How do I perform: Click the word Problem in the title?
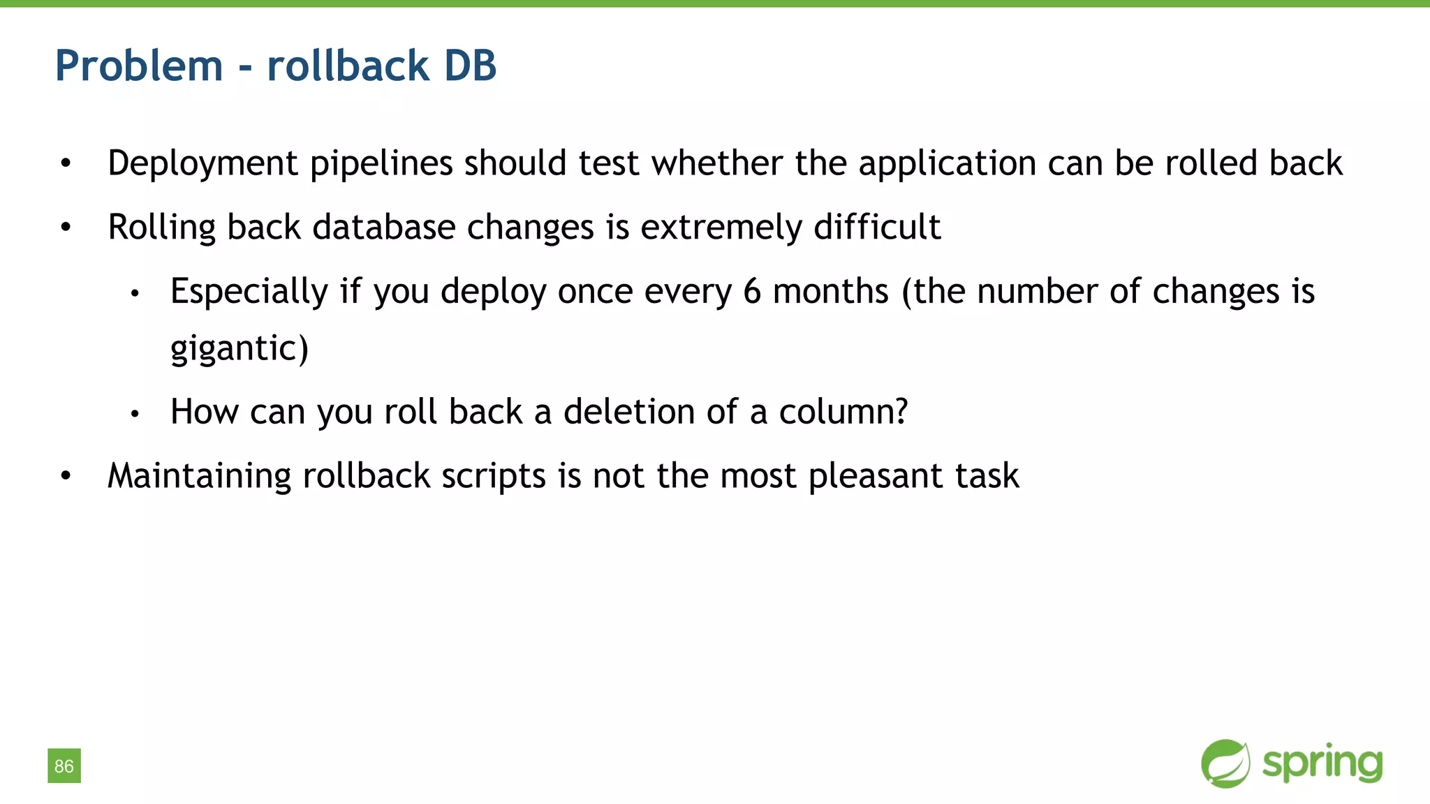139,66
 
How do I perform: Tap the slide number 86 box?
64,766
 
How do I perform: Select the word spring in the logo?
1322,764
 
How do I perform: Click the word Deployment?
202,163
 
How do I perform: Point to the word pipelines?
381,163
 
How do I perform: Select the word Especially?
249,291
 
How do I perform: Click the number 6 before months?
751,291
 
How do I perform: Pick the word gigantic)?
239,348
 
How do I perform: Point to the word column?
843,412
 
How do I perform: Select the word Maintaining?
199,476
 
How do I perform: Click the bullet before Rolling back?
66,227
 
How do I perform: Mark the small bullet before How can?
135,414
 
